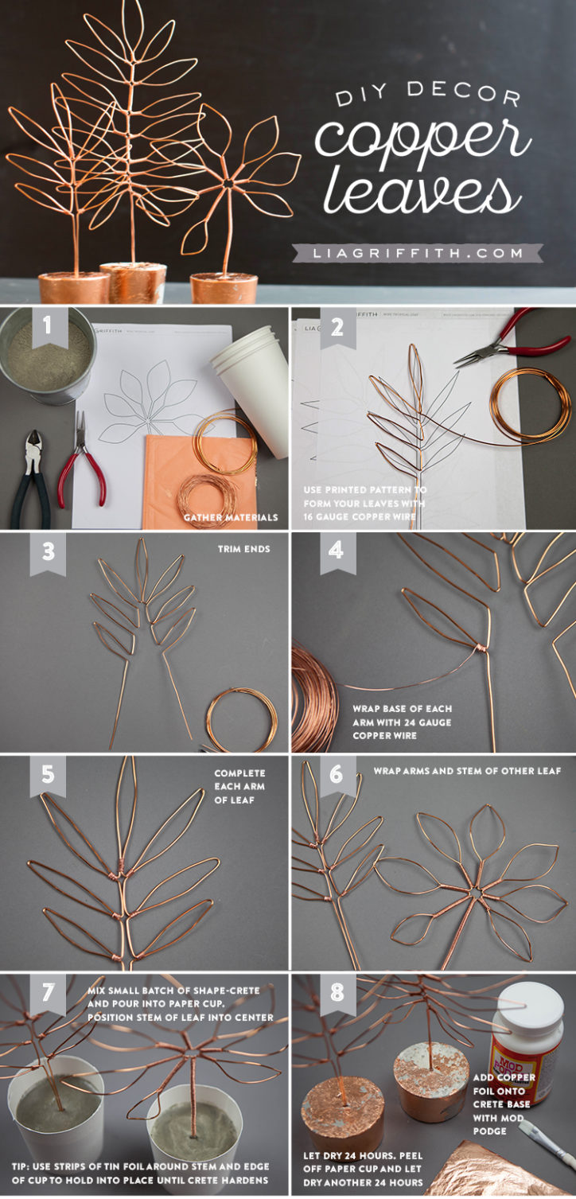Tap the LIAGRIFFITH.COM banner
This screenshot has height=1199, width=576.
418,253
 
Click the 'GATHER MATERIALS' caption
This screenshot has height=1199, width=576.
231,517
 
